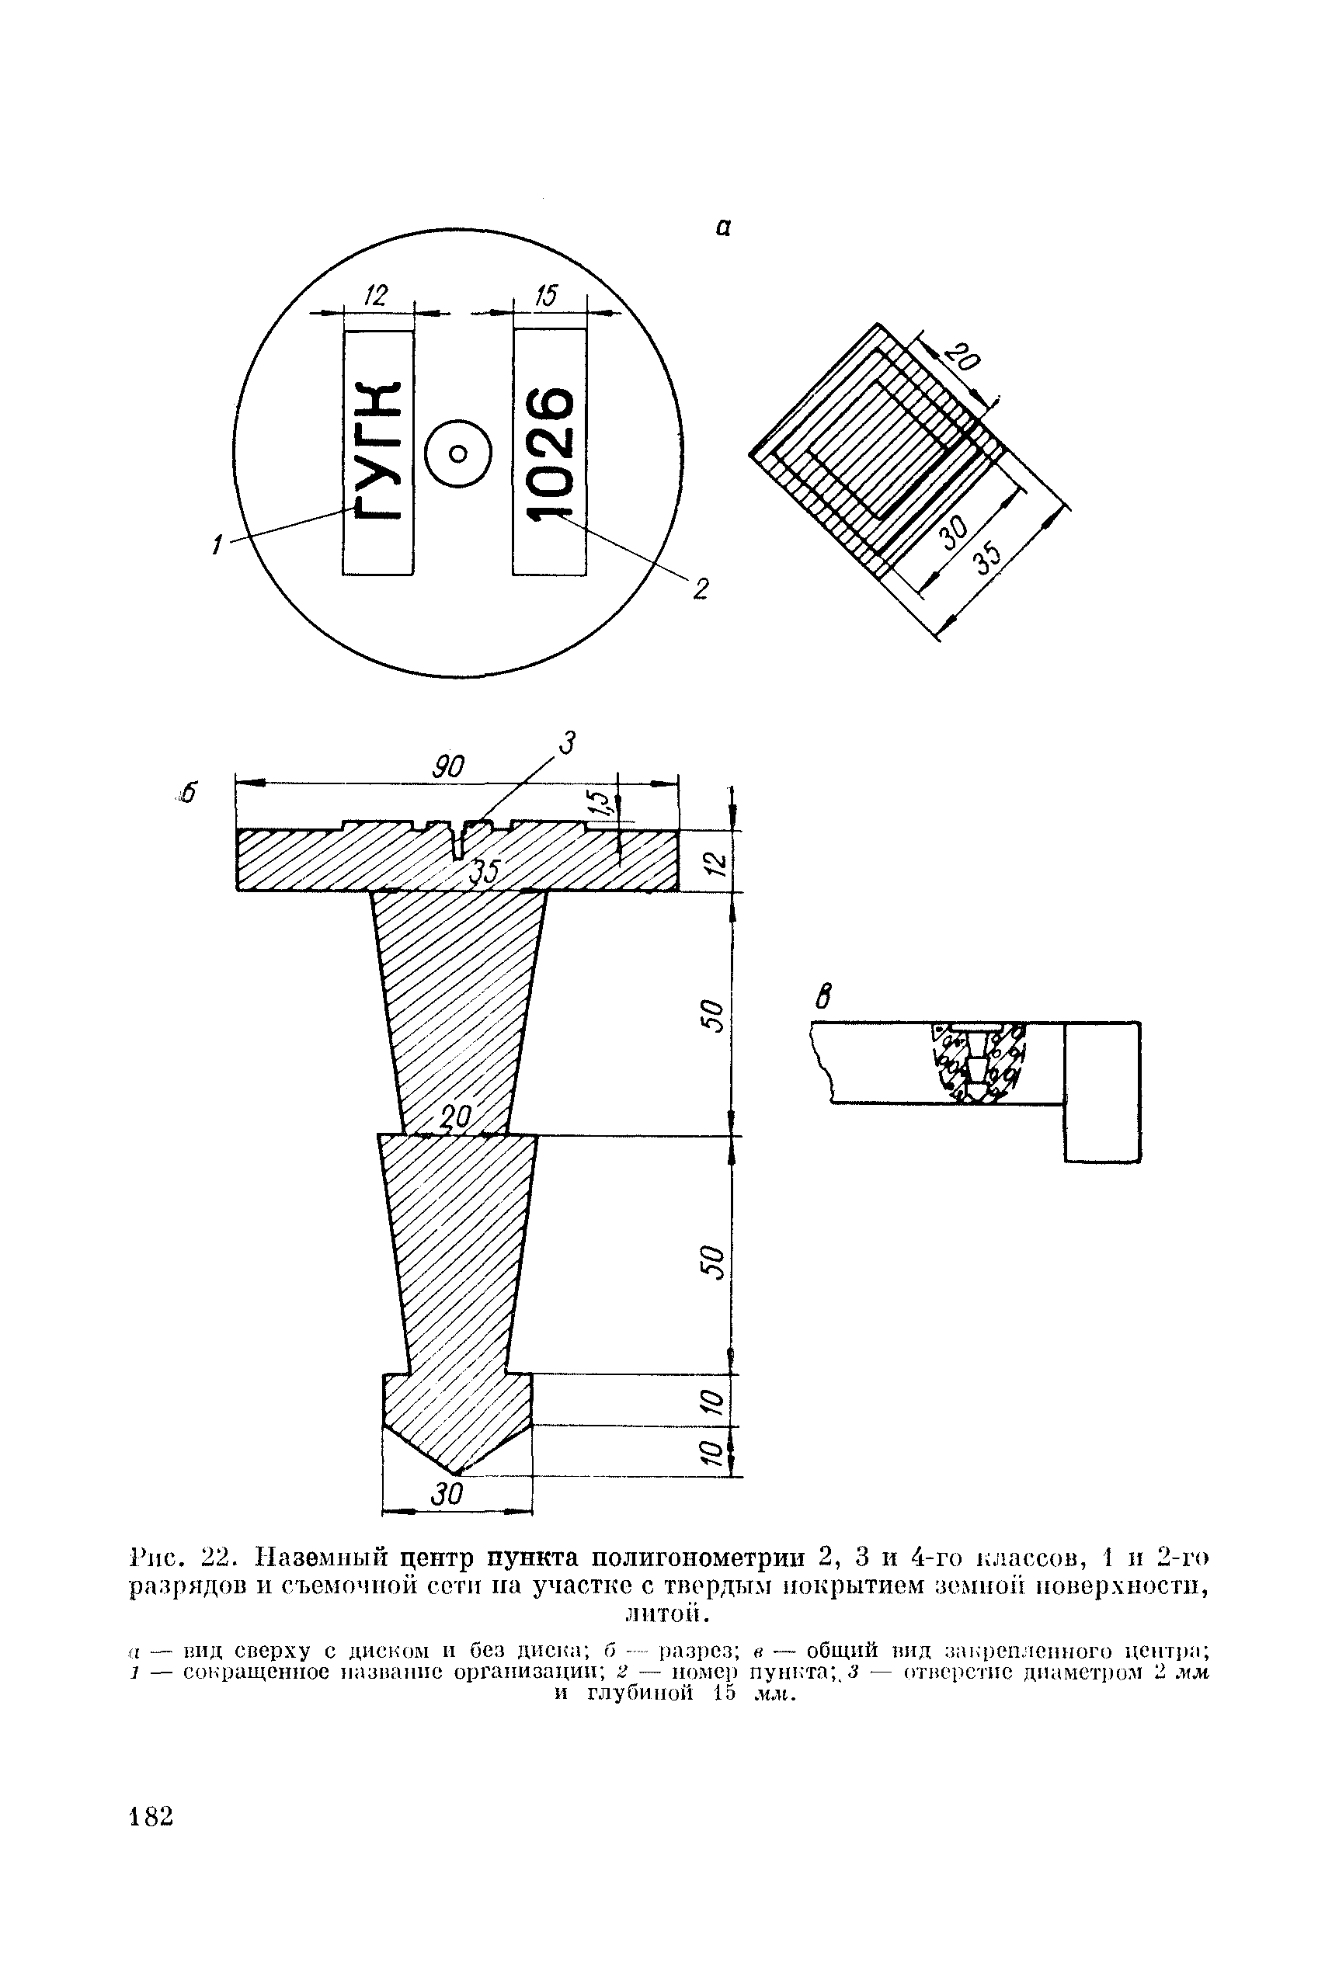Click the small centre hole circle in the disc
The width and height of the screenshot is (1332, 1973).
pos(457,453)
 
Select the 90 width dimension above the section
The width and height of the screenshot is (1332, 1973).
pos(448,766)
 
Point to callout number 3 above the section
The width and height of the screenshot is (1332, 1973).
pos(567,744)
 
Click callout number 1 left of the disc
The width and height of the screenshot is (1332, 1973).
pos(217,544)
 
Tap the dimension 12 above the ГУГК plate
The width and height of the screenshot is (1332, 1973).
pos(374,295)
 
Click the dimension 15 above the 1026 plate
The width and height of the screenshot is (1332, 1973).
pos(546,295)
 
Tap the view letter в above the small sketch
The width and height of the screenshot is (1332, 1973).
pos(820,996)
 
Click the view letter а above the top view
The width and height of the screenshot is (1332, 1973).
pos(722,228)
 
